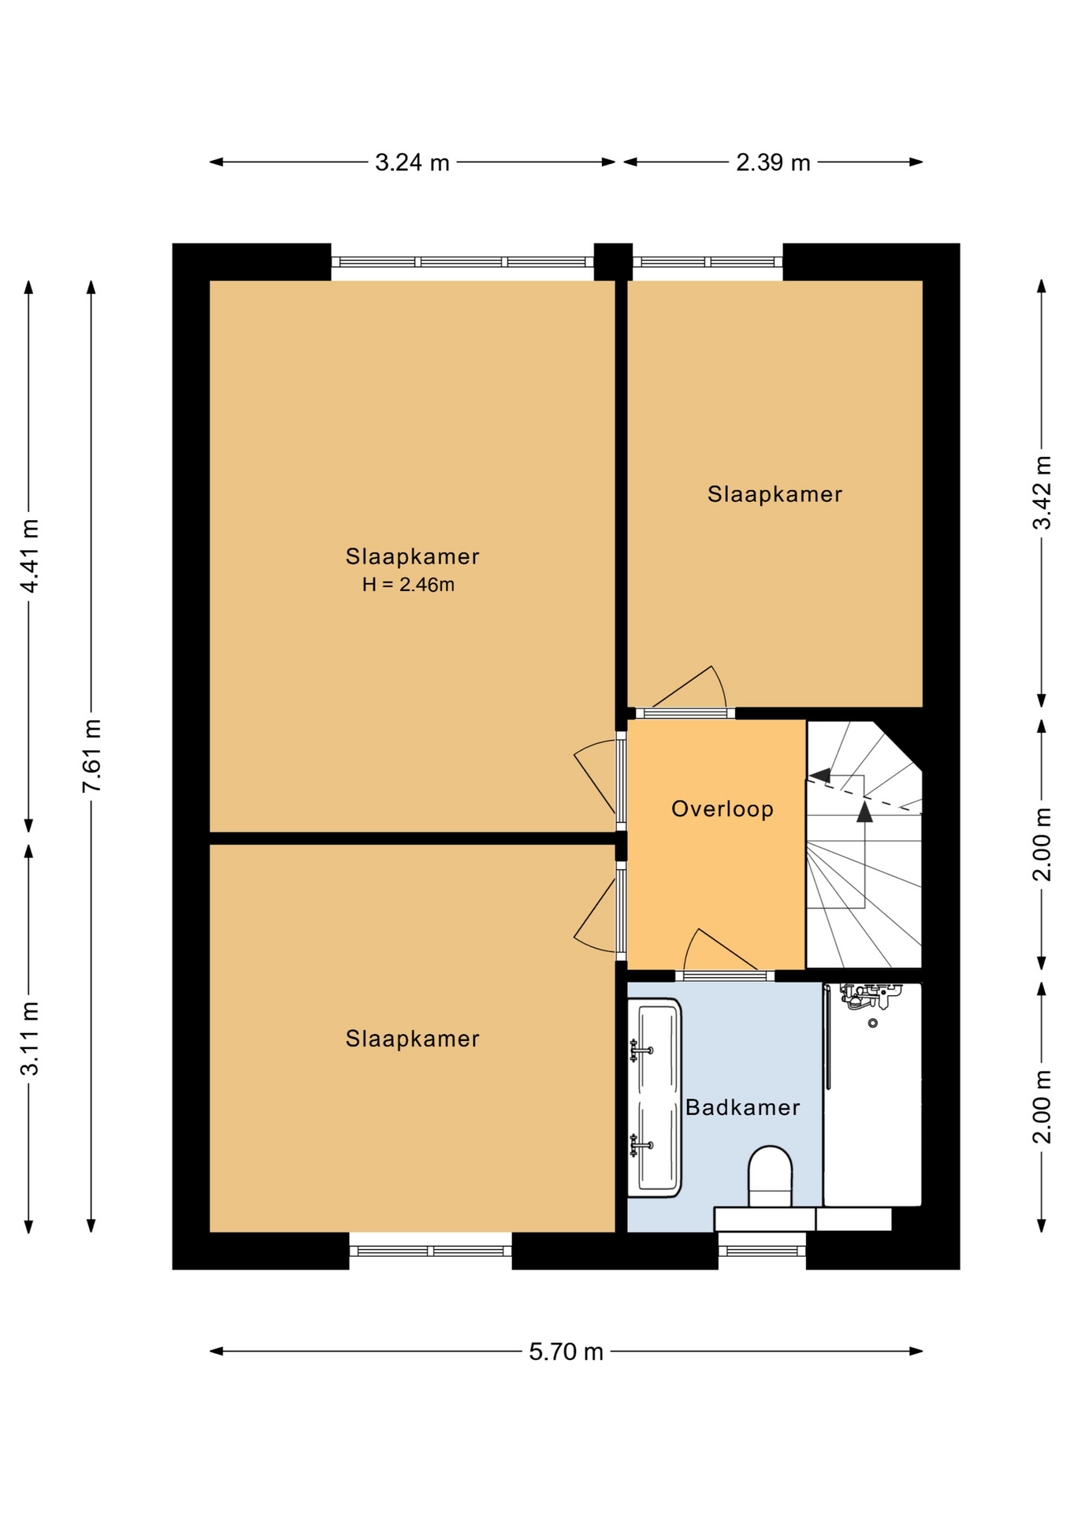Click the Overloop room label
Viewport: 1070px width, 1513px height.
pos(722,809)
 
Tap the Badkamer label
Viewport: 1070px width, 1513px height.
pos(742,1107)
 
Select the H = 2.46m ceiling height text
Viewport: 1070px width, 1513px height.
pos(408,584)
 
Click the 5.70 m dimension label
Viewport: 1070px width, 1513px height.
pos(566,1351)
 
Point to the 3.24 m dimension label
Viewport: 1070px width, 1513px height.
pos(412,162)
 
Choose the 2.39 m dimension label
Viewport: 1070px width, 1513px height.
pos(773,162)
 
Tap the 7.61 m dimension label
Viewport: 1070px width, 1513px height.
pos(92,756)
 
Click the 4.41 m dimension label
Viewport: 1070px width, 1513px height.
pos(30,556)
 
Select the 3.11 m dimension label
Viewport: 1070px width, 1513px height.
pos(30,1039)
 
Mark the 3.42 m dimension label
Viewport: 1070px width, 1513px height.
pos(1042,493)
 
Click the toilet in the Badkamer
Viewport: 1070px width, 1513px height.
pos(769,1177)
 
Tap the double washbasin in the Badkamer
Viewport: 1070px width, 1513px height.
pos(654,1098)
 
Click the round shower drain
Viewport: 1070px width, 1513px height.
pos(872,1023)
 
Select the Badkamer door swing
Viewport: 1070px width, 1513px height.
pos(719,950)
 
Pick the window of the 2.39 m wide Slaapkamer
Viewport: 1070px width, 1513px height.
pos(708,262)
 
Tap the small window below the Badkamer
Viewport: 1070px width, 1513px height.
pos(762,1251)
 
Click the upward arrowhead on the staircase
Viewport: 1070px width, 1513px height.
pos(864,812)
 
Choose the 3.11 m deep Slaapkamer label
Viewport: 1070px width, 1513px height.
pos(412,1039)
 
